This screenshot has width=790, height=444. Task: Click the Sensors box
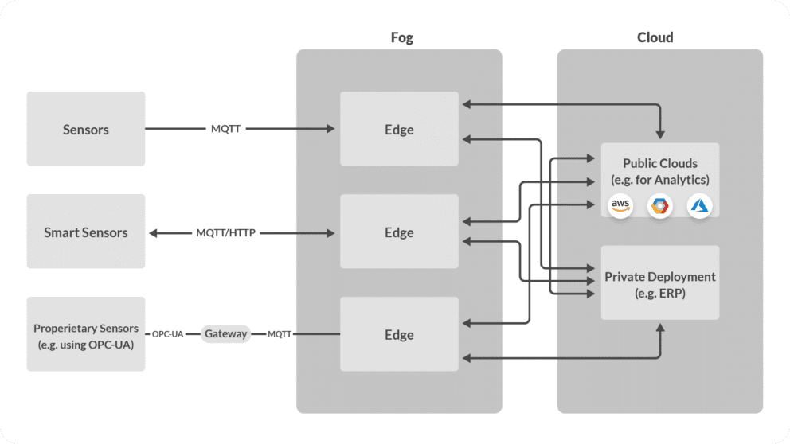pos(86,129)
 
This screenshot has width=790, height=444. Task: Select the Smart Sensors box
pos(86,232)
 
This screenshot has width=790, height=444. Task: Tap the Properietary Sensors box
pos(86,335)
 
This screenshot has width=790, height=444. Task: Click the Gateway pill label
pos(225,334)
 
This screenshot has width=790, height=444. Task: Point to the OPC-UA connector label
pos(168,334)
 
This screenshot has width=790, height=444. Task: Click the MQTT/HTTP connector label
pos(227,233)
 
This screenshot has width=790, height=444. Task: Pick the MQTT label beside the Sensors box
pos(225,128)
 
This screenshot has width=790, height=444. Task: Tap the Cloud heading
pos(655,37)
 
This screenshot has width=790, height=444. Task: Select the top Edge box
pos(399,129)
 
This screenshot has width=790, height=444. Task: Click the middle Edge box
pos(399,232)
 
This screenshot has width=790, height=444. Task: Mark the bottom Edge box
pos(399,335)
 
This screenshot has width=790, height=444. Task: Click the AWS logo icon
pos(620,205)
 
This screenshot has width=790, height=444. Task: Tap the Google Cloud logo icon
pos(660,206)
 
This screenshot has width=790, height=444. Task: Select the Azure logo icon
pos(699,206)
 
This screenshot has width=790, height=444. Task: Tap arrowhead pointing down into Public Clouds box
pos(660,133)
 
